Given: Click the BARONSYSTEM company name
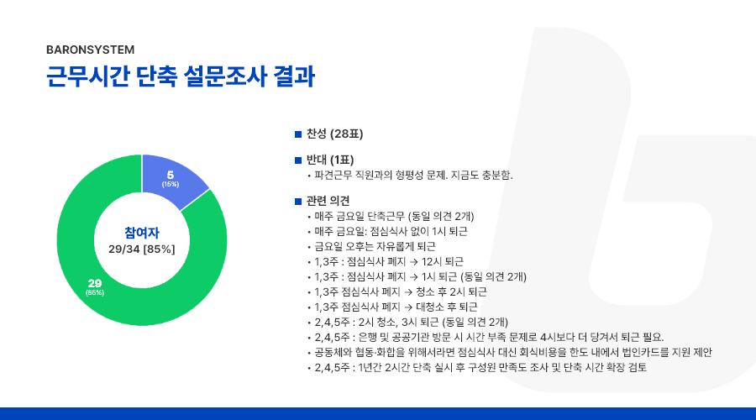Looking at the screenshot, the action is pos(90,50).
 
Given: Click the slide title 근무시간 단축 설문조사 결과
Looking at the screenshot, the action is pos(181,76).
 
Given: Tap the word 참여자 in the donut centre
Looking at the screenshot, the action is pos(142,233).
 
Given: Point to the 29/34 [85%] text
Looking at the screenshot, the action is pos(142,249).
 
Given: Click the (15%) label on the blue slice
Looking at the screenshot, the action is pos(171,184).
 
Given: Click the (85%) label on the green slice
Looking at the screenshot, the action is pos(95,292).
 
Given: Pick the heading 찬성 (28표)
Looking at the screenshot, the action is pos(334,134).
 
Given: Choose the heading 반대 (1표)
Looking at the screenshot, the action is pos(330,160).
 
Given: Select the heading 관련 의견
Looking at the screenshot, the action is pos(328,201).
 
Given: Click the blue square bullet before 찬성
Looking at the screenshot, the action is pos(298,134).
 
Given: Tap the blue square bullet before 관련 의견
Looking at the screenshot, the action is pos(298,201).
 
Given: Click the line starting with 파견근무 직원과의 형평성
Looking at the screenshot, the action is pos(413,175).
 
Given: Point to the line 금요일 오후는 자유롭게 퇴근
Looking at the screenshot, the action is pos(375,246).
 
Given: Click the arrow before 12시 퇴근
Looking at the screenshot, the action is pos(413,262).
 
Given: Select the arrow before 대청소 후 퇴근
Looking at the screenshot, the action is pos(408,307).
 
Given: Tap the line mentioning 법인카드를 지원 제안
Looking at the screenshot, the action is pos(513,353).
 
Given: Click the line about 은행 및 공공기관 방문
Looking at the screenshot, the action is pos(489,337).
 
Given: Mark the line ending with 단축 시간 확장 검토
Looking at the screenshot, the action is pos(480,367).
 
